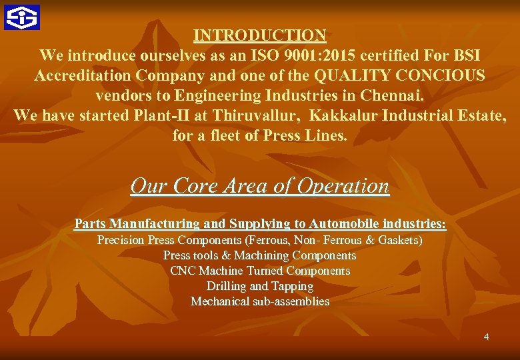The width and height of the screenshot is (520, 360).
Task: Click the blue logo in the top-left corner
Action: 21,17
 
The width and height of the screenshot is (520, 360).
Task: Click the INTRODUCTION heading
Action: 260,35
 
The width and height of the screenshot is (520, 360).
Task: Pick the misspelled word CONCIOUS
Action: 437,75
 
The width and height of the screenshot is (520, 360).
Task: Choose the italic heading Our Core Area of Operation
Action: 260,185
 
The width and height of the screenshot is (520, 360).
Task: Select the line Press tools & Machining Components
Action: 260,255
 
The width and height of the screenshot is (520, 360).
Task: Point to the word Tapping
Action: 291,286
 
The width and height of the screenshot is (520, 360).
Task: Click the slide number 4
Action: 486,337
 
